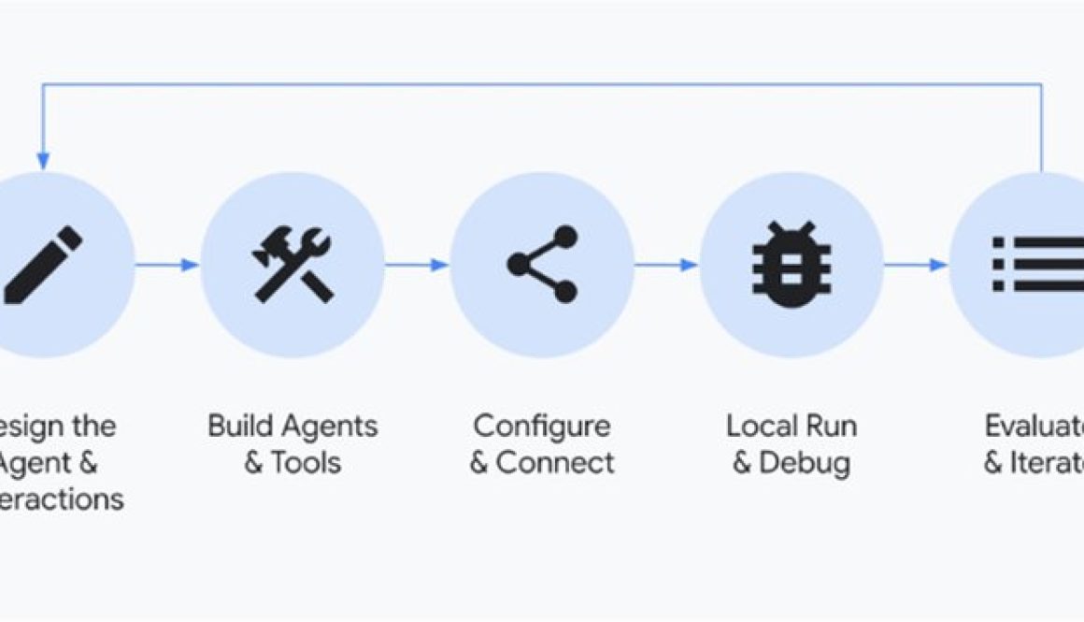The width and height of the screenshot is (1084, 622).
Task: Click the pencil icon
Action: pyautogui.click(x=42, y=265)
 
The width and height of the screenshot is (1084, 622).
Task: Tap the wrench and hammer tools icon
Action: pyautogui.click(x=292, y=266)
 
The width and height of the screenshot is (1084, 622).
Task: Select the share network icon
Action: pyautogui.click(x=543, y=265)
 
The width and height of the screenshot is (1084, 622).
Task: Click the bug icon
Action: pyautogui.click(x=791, y=265)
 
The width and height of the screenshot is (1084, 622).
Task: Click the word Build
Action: pyautogui.click(x=237, y=427)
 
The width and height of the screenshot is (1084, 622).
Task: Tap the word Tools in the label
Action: pyautogui.click(x=307, y=462)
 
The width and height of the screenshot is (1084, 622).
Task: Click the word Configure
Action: pyautogui.click(x=542, y=427)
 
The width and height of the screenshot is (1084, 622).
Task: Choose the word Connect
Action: pyautogui.click(x=555, y=462)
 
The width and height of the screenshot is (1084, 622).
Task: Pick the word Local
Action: pyautogui.click(x=760, y=427)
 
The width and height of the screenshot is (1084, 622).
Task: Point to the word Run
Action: pyautogui.click(x=830, y=427)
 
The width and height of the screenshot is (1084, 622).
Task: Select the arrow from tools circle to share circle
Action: pyautogui.click(x=417, y=265)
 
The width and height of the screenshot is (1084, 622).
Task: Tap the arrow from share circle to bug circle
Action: pyautogui.click(x=666, y=265)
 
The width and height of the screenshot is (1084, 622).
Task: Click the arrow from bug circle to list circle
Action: pyautogui.click(x=916, y=265)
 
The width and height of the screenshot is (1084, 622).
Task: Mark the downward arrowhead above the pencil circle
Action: pyautogui.click(x=42, y=162)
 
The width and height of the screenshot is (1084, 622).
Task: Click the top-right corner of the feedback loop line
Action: pyautogui.click(x=1041, y=85)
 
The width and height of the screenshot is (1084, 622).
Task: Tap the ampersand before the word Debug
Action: pyautogui.click(x=742, y=463)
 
